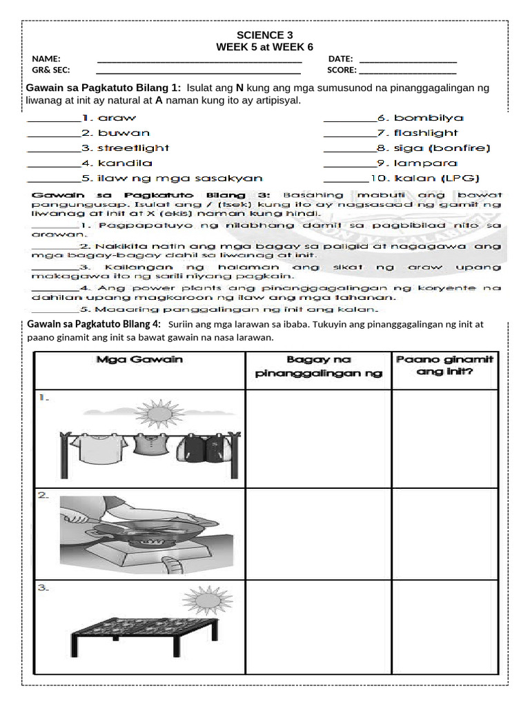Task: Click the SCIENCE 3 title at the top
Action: pyautogui.click(x=259, y=35)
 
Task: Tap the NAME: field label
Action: pyautogui.click(x=46, y=59)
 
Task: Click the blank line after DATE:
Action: pyautogui.click(x=408, y=60)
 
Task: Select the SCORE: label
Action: pyautogui.click(x=342, y=70)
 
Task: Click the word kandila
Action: pyautogui.click(x=124, y=163)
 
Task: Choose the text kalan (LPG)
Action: pyautogui.click(x=437, y=179)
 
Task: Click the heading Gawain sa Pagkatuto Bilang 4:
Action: pyautogui.click(x=93, y=324)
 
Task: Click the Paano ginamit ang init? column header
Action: pyautogui.click(x=445, y=366)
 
